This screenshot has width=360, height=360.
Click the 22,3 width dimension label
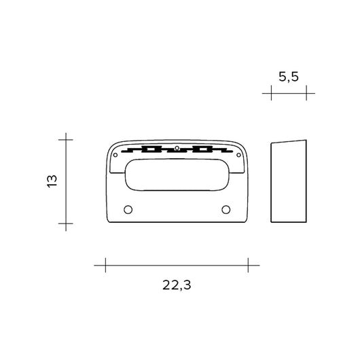coord(177,286)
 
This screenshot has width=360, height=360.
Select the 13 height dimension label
coord(52,181)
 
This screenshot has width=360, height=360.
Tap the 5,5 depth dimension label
coord(289,77)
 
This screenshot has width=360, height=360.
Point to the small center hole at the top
coord(177,147)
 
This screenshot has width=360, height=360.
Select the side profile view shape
coord(289,182)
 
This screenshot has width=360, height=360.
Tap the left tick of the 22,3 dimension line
coord(105,264)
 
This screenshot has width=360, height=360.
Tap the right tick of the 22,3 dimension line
coord(249,264)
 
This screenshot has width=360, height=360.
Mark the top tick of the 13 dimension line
coord(65,139)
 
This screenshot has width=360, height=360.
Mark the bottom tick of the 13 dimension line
coord(65,223)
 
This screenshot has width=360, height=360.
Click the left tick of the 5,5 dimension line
coord(272,93)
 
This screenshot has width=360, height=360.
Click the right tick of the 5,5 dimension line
coord(306,93)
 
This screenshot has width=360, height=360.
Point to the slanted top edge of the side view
coord(289,141)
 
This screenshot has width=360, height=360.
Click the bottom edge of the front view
coord(177,223)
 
